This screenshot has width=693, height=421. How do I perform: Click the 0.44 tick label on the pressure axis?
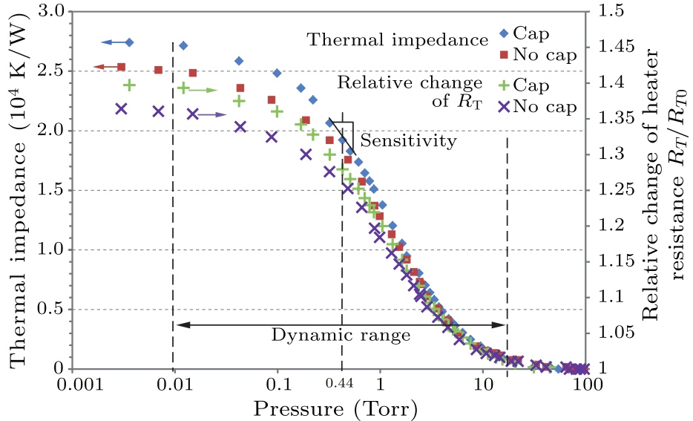341,385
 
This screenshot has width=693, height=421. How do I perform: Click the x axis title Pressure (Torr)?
333,408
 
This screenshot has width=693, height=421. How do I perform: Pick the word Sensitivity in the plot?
408,140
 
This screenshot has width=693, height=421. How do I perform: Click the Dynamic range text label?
341,336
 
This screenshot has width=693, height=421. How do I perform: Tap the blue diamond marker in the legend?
503,33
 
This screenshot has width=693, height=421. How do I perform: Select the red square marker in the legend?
503,55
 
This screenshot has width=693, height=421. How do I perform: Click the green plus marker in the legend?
503,85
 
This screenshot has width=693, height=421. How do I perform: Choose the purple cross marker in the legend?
503,107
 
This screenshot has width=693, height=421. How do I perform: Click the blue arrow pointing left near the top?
111,42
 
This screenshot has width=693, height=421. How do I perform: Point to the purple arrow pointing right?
213,115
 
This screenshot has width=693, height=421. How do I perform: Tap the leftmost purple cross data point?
122,109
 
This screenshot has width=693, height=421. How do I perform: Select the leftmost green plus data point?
129,85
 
